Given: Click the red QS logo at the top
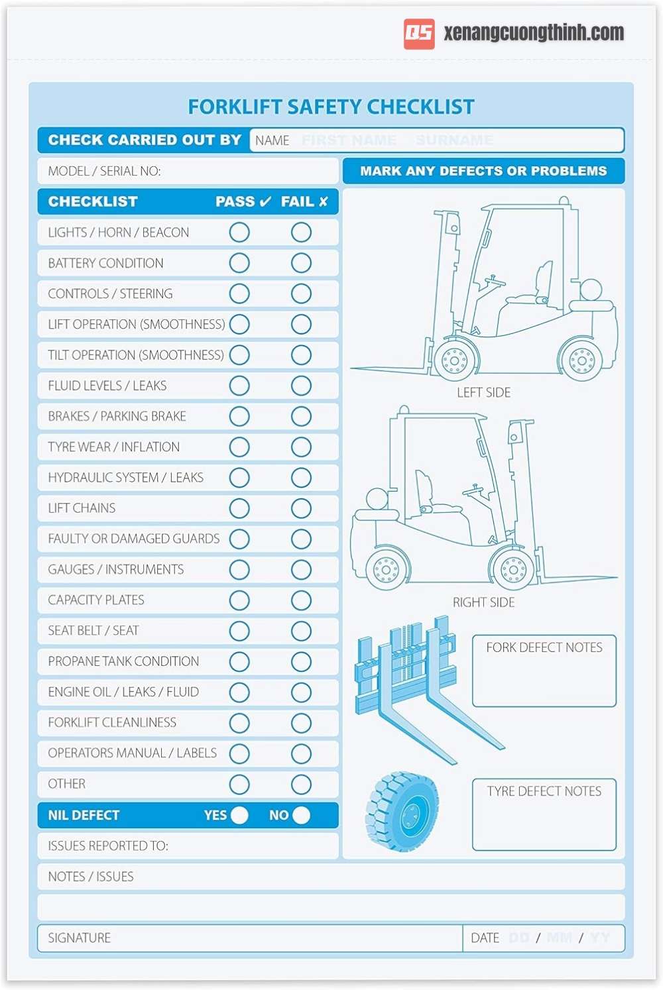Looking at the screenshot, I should pyautogui.click(x=419, y=34).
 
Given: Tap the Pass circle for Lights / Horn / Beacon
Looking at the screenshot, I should pyautogui.click(x=239, y=233).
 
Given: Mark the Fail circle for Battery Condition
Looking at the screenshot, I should pyautogui.click(x=301, y=263).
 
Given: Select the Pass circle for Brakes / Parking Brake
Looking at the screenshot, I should pyautogui.click(x=239, y=416).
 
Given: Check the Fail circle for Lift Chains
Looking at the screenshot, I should pyautogui.click(x=301, y=508).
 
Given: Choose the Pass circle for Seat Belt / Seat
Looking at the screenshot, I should pyautogui.click(x=239, y=631).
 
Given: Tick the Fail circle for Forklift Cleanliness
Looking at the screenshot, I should pyautogui.click(x=301, y=723).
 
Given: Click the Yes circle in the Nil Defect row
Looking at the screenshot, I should pyautogui.click(x=239, y=815).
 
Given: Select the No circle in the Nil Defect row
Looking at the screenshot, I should pyautogui.click(x=301, y=815).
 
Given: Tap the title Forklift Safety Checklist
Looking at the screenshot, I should pyautogui.click(x=331, y=107).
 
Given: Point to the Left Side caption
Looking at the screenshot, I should pyautogui.click(x=483, y=392).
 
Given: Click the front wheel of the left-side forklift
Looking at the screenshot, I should pyautogui.click(x=455, y=360).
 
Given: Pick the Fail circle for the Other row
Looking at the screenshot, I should pyautogui.click(x=301, y=785).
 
